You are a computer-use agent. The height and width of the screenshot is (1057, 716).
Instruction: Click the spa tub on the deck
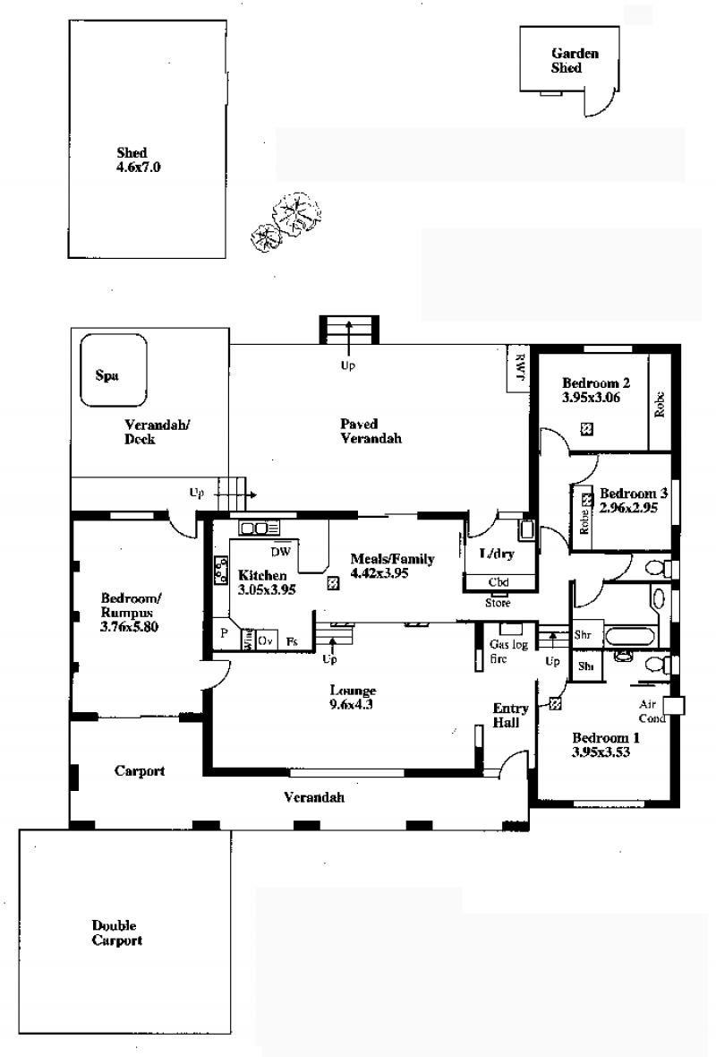113,371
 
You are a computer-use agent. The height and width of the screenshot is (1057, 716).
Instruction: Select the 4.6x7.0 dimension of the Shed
139,168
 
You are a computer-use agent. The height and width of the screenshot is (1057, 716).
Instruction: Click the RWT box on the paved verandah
518,369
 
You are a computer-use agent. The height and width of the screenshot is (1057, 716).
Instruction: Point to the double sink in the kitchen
254,528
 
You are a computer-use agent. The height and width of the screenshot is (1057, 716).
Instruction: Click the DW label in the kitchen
280,552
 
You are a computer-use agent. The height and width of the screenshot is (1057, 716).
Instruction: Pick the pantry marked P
225,633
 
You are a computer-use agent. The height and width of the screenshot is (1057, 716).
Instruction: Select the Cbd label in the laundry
499,581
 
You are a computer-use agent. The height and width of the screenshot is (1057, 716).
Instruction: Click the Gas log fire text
508,651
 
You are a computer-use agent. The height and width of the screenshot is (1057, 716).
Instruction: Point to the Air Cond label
652,711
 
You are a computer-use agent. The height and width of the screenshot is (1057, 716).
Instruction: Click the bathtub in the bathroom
630,636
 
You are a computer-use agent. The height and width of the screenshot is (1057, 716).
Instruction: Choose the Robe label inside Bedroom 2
660,405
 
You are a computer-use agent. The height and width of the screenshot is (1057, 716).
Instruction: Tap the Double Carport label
117,933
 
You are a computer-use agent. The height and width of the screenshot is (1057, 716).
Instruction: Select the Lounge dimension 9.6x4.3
351,705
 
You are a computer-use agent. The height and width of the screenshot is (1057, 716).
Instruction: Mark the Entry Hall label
510,715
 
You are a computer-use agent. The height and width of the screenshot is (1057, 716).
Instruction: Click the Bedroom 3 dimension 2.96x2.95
628,508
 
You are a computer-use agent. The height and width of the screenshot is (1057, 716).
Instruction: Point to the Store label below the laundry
498,604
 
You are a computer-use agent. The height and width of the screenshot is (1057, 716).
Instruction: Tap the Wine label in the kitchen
248,639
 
